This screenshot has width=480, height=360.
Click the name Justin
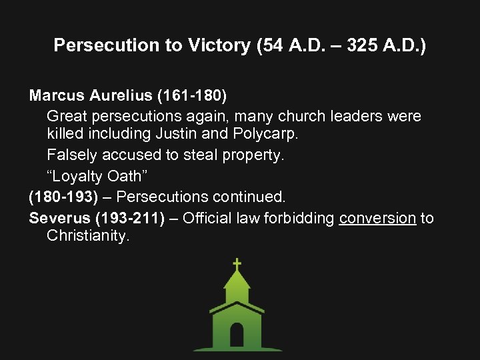point(176,133)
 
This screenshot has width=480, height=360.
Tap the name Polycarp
point(265,134)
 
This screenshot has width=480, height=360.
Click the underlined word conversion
point(377,217)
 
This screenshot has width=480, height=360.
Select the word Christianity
point(87,236)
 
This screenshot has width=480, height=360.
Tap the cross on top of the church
point(236,264)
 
